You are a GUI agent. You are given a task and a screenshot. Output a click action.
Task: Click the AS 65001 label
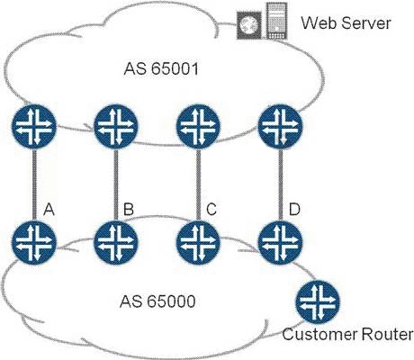pyautogui.click(x=161, y=68)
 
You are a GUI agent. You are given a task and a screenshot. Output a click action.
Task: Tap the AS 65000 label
pyautogui.click(x=157, y=301)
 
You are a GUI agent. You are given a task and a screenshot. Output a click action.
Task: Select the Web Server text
pyautogui.click(x=346, y=22)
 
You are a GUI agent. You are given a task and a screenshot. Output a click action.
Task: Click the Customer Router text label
pyautogui.click(x=347, y=334)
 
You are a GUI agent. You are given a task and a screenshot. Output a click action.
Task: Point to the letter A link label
pyautogui.click(x=49, y=209)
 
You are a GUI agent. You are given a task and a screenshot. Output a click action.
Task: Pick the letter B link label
pyautogui.click(x=129, y=209)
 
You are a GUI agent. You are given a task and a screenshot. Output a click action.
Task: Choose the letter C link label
pyautogui.click(x=211, y=209)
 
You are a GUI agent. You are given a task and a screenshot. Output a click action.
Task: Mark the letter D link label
pyautogui.click(x=294, y=209)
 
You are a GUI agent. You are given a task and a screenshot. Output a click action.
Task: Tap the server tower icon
pyautogui.click(x=276, y=21)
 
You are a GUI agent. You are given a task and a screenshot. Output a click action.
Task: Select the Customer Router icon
pyautogui.click(x=317, y=302)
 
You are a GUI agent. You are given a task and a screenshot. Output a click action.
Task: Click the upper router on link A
pyautogui.click(x=34, y=126)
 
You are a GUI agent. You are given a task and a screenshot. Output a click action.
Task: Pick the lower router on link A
pyautogui.click(x=34, y=242)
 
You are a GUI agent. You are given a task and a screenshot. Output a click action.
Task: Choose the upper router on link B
pyautogui.click(x=116, y=126)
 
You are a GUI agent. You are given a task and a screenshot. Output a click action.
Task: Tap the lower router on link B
pyautogui.click(x=116, y=242)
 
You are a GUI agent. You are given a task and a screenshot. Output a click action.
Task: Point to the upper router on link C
pyautogui.click(x=198, y=126)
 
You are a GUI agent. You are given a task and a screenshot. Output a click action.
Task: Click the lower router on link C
pyautogui.click(x=198, y=242)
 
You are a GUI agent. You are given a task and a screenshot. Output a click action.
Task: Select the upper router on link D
pyautogui.click(x=281, y=126)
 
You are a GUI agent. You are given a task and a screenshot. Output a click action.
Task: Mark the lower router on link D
pyautogui.click(x=281, y=242)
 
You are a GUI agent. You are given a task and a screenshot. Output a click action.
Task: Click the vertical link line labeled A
pyautogui.click(x=34, y=184)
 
